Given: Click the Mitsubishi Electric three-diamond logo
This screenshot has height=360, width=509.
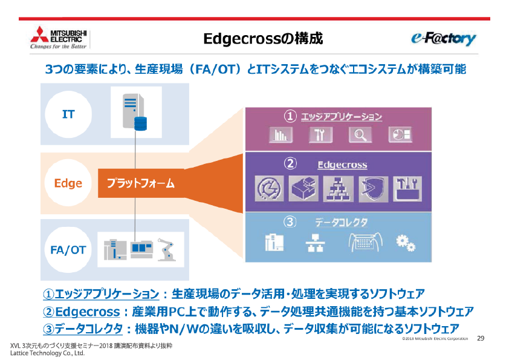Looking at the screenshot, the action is point(40,34).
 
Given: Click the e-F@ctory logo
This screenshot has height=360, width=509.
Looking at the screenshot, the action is point(444,39).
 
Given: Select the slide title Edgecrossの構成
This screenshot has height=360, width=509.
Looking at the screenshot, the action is point(263,38).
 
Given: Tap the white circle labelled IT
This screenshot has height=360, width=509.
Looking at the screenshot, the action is point(68,114).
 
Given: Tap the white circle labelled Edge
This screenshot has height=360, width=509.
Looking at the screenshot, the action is point(68,183).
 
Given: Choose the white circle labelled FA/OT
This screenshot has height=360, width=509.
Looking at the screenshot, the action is point(68,250).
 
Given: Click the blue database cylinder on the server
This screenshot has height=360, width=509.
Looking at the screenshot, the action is point(141,123).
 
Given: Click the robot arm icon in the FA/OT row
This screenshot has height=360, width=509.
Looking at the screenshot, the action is point(166,250).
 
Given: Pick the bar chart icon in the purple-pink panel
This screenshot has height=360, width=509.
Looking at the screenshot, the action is point(280,134).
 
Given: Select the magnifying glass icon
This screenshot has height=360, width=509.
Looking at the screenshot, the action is point(360,134).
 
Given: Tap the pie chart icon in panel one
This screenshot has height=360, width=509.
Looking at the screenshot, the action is point(400,134).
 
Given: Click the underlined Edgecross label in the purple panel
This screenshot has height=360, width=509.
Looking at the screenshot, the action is point(342,165).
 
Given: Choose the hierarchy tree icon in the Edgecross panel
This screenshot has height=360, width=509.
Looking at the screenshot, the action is point(338,189).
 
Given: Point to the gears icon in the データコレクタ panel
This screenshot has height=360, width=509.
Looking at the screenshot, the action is point(406,243).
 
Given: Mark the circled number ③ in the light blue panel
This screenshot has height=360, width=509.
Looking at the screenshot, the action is point(290,222).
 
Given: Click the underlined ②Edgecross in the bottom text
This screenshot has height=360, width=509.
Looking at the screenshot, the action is point(82,312).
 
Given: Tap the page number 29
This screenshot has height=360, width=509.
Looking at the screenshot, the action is point(481,338).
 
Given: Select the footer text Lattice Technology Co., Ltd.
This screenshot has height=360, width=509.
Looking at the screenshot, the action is point(47,353).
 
